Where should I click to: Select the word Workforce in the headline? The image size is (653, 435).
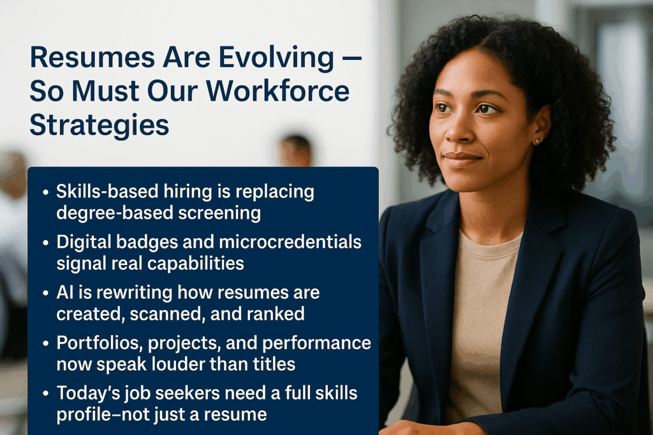point(277,90)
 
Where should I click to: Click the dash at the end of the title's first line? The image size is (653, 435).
point(354,58)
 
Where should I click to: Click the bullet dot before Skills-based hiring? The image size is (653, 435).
point(45,193)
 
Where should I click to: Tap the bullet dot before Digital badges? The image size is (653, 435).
point(45,243)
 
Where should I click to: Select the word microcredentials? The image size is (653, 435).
point(290,241)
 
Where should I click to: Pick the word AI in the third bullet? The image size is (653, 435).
point(64,293)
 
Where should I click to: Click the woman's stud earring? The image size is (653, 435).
point(537,141)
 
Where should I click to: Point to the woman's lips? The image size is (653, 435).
point(462,159)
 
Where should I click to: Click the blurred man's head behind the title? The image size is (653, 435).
point(295,150)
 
